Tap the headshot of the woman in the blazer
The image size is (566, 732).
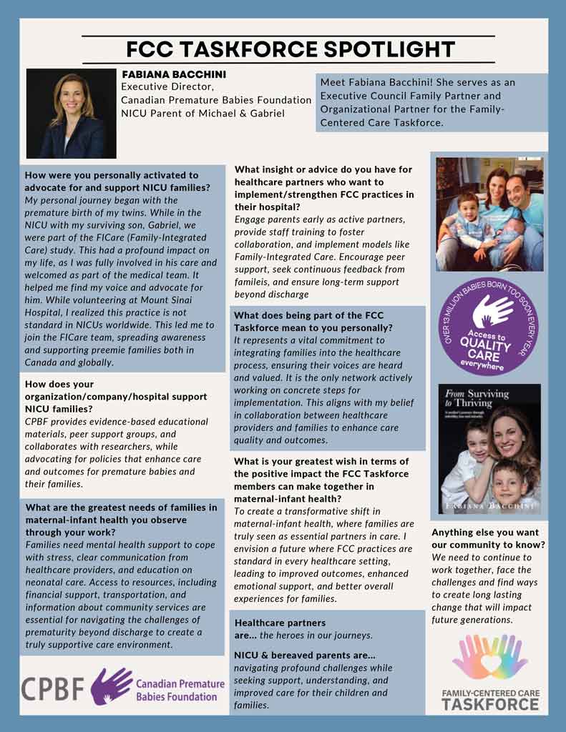71,114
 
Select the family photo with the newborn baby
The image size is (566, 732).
489,214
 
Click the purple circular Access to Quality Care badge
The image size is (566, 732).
489,326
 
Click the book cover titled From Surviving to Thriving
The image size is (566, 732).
489,448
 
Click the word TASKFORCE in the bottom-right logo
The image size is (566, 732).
489,704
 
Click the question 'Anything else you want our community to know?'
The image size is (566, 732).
488,538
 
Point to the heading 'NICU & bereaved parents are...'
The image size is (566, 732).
305,655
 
